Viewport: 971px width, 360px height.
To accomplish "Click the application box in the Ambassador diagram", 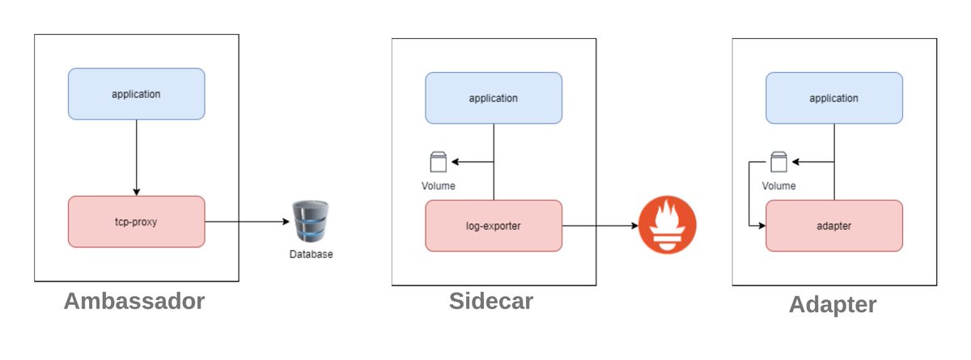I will point(136,94).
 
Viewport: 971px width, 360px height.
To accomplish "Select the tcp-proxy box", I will point(136,221).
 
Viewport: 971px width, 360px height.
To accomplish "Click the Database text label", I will point(311,254).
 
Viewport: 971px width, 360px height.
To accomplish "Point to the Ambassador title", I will point(134,302).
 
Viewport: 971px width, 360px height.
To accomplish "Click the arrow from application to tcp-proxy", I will point(136,158).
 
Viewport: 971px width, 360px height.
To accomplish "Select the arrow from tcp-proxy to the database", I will point(247,221).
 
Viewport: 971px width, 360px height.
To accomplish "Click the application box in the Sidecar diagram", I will point(494,98).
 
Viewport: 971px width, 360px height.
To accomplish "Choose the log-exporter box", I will point(494,226).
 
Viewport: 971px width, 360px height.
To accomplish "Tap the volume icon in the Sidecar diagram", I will point(438,163).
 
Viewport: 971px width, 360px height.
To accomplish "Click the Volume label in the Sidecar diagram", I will point(438,186).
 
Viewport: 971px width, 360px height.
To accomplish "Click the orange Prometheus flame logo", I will point(667,226).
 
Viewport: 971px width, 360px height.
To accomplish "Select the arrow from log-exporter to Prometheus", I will point(599,226).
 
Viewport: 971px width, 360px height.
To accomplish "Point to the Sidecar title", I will point(491,301).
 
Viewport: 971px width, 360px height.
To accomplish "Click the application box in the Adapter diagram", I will point(833,98).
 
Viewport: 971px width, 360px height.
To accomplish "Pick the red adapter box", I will point(833,226).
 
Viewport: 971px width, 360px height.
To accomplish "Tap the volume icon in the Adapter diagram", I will point(778,163).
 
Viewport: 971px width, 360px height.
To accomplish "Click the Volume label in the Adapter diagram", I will point(778,186).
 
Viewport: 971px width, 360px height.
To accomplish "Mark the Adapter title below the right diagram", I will point(833,304).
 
